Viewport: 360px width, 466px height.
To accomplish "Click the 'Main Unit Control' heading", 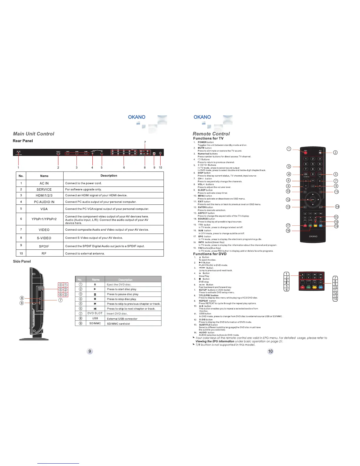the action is pos(34,134).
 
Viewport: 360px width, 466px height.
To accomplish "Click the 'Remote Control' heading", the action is pos(211,134).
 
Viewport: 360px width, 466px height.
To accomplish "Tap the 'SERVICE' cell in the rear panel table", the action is pos(44,189).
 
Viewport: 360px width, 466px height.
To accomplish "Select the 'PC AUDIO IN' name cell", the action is pos(44,202).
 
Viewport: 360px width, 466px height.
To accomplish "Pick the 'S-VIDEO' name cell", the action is pos(44,238).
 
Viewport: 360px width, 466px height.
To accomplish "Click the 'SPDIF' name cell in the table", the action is pos(44,246).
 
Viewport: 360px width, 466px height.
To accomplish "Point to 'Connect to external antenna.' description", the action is pos(85,254).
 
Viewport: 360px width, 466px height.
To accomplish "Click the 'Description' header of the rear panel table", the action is pos(109,176).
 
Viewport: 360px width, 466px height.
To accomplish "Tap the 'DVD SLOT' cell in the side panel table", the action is pos(95,313).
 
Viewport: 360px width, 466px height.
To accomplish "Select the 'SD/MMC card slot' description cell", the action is pos(118,324).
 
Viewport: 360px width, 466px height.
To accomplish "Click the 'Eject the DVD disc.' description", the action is pos(119,284).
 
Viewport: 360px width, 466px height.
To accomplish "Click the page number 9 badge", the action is pos(90,351).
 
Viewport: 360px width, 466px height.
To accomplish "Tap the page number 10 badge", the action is pos(270,351).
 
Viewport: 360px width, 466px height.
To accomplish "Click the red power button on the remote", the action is pos(306,152).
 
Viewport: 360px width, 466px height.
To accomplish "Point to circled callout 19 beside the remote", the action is pos(336,226).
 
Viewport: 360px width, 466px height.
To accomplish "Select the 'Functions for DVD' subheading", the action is pos(210,254).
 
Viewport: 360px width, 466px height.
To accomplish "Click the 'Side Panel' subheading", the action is pos(22,261).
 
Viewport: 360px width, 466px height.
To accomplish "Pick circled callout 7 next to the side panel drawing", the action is pos(60,300).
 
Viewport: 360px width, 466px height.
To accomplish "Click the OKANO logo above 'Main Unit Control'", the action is pos(136,117).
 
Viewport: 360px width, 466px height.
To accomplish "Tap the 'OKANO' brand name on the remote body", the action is pos(313,236).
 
